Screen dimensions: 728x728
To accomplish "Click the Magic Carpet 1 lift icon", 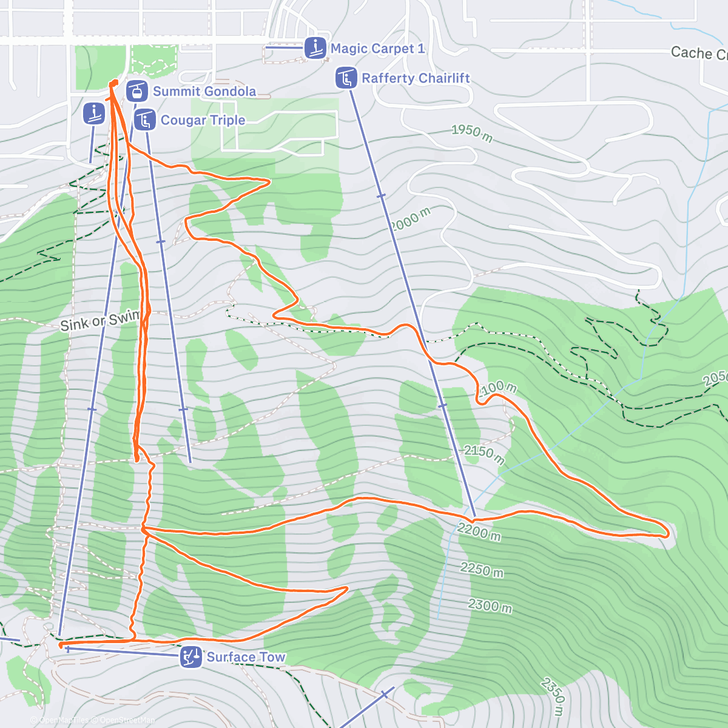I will tap(315, 48).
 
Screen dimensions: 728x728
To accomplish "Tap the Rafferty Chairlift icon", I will tap(346, 78).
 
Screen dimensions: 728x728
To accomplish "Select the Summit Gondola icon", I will tap(137, 92).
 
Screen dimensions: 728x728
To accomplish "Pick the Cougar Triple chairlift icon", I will tap(145, 120).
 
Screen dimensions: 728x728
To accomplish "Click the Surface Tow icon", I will tap(191, 657).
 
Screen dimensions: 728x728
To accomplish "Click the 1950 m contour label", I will tap(472, 133).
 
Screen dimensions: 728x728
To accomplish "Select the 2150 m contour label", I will tap(484, 454).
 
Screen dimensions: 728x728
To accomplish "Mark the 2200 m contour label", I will tap(479, 532).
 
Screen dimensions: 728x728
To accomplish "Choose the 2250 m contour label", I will tap(482, 569).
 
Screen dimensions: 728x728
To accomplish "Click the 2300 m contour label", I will tap(490, 605).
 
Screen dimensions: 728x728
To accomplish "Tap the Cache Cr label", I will tap(698, 54).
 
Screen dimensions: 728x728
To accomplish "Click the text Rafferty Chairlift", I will tap(416, 78).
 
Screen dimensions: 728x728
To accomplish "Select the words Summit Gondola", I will tap(204, 92).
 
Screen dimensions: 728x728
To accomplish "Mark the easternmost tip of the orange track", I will tap(668, 533).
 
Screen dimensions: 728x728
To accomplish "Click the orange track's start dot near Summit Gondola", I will tap(113, 83).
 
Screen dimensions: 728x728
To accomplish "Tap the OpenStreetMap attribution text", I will tap(127, 720).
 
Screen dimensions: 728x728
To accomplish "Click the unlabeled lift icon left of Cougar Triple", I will tap(94, 113).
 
